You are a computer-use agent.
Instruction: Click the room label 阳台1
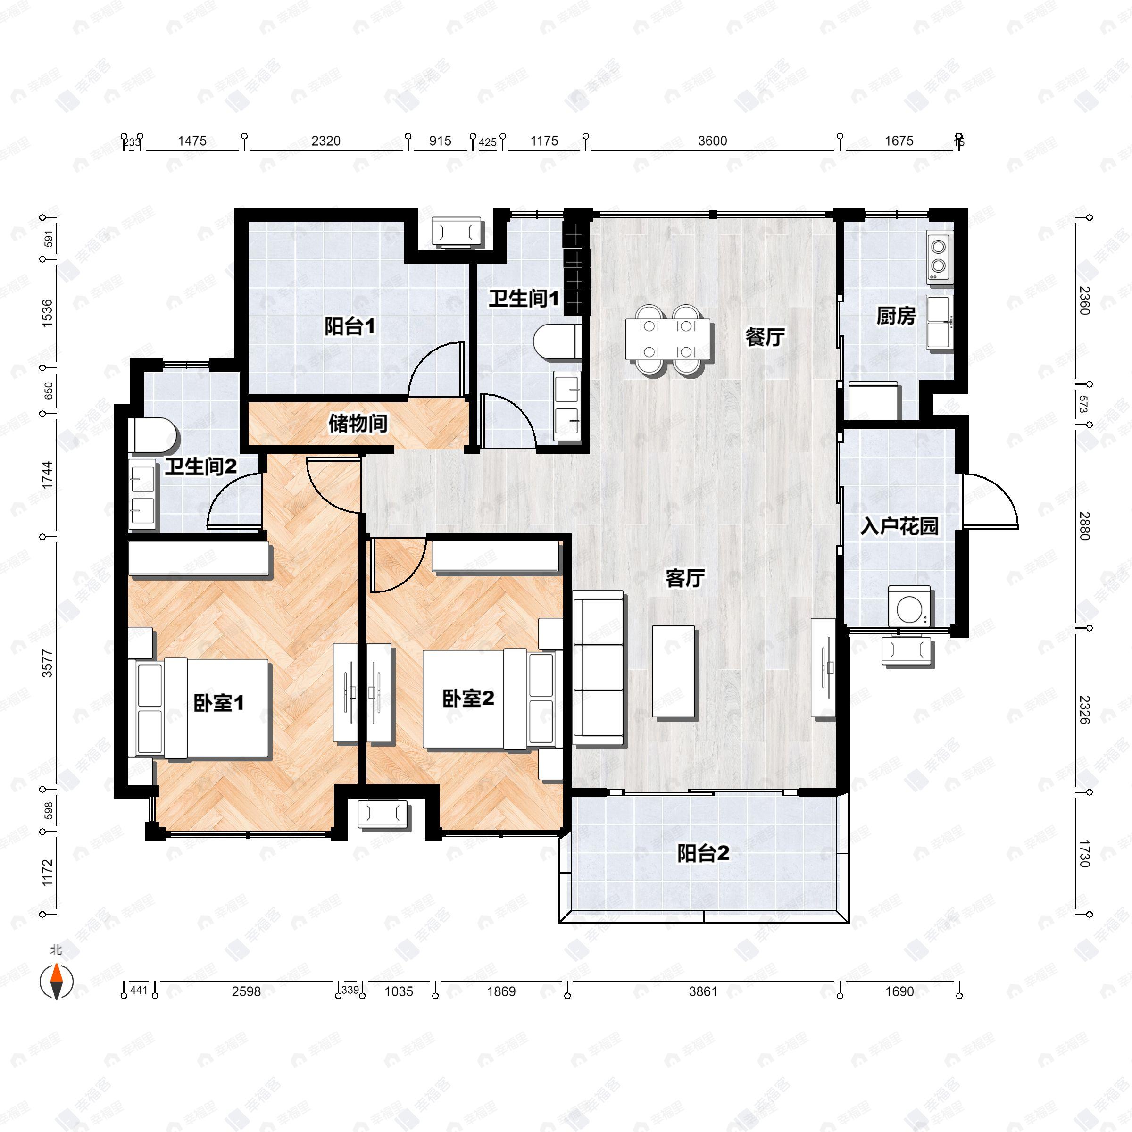(x=350, y=326)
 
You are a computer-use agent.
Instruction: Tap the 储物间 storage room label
(x=358, y=423)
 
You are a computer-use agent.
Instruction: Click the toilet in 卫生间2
(x=155, y=436)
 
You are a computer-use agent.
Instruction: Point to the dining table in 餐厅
(x=667, y=339)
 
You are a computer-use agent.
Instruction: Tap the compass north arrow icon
(x=56, y=982)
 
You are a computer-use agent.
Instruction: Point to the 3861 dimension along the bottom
(x=702, y=991)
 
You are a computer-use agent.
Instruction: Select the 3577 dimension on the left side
(x=48, y=663)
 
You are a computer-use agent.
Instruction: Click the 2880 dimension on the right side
(x=1084, y=526)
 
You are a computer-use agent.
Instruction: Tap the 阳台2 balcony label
(x=703, y=854)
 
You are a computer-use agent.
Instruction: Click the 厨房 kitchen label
(x=896, y=316)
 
